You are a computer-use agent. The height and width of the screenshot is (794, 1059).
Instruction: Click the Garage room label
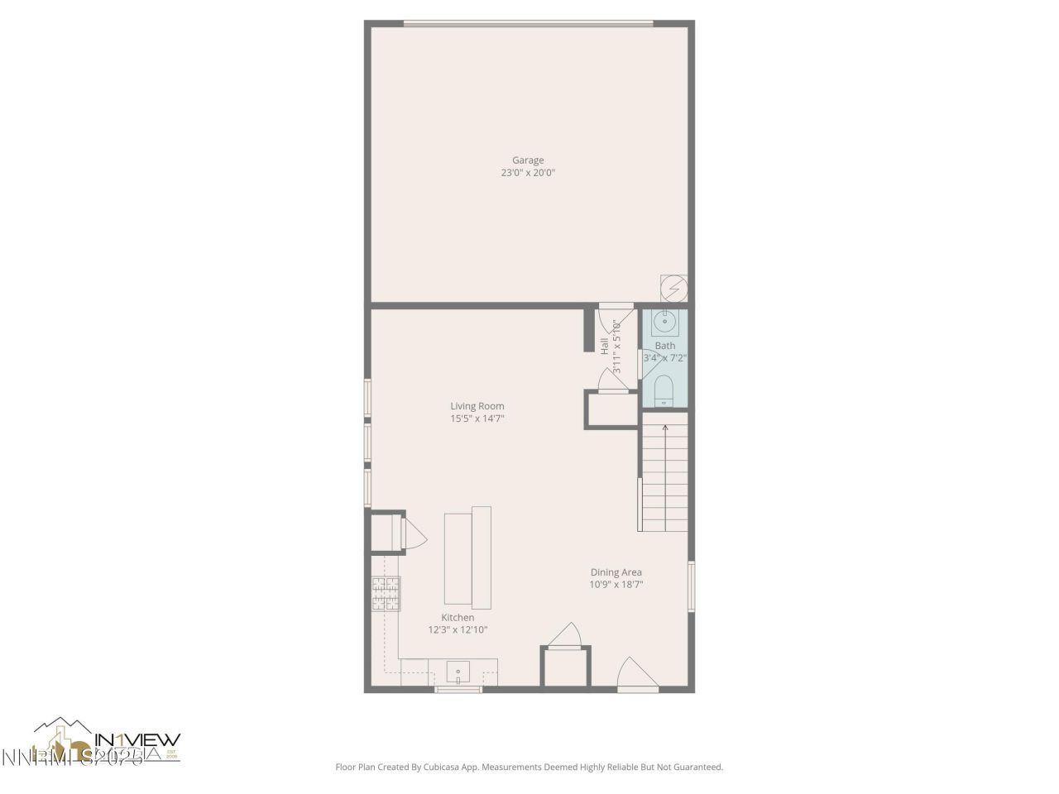(528, 160)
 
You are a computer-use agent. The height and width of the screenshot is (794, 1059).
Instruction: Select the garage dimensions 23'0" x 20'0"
(528, 174)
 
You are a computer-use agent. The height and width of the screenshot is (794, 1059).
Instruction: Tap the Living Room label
(477, 406)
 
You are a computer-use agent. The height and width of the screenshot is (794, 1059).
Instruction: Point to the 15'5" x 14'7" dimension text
(477, 419)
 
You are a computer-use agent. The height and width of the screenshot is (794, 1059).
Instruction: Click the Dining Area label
(616, 572)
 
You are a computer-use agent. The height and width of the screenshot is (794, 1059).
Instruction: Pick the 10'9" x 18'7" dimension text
(616, 585)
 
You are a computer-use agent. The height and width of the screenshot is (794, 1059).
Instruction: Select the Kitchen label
(458, 618)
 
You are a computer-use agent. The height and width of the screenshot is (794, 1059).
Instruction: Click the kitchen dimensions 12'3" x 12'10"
(458, 630)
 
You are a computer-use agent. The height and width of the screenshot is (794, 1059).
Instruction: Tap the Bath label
(665, 346)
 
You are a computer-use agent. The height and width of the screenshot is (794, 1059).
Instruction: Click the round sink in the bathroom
(665, 321)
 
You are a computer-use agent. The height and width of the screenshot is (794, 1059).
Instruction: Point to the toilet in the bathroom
(665, 391)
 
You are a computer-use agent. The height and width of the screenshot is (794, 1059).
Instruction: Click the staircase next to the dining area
(665, 477)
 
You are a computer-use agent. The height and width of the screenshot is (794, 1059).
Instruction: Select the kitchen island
(467, 557)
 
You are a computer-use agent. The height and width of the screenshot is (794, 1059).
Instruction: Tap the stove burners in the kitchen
(386, 593)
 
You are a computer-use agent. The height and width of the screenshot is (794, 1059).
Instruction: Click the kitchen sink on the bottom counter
(458, 671)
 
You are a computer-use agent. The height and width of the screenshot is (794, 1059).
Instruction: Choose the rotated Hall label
(605, 345)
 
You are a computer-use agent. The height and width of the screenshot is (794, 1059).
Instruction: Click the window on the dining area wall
(692, 586)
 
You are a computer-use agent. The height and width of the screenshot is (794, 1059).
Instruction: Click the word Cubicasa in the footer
(431, 768)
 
